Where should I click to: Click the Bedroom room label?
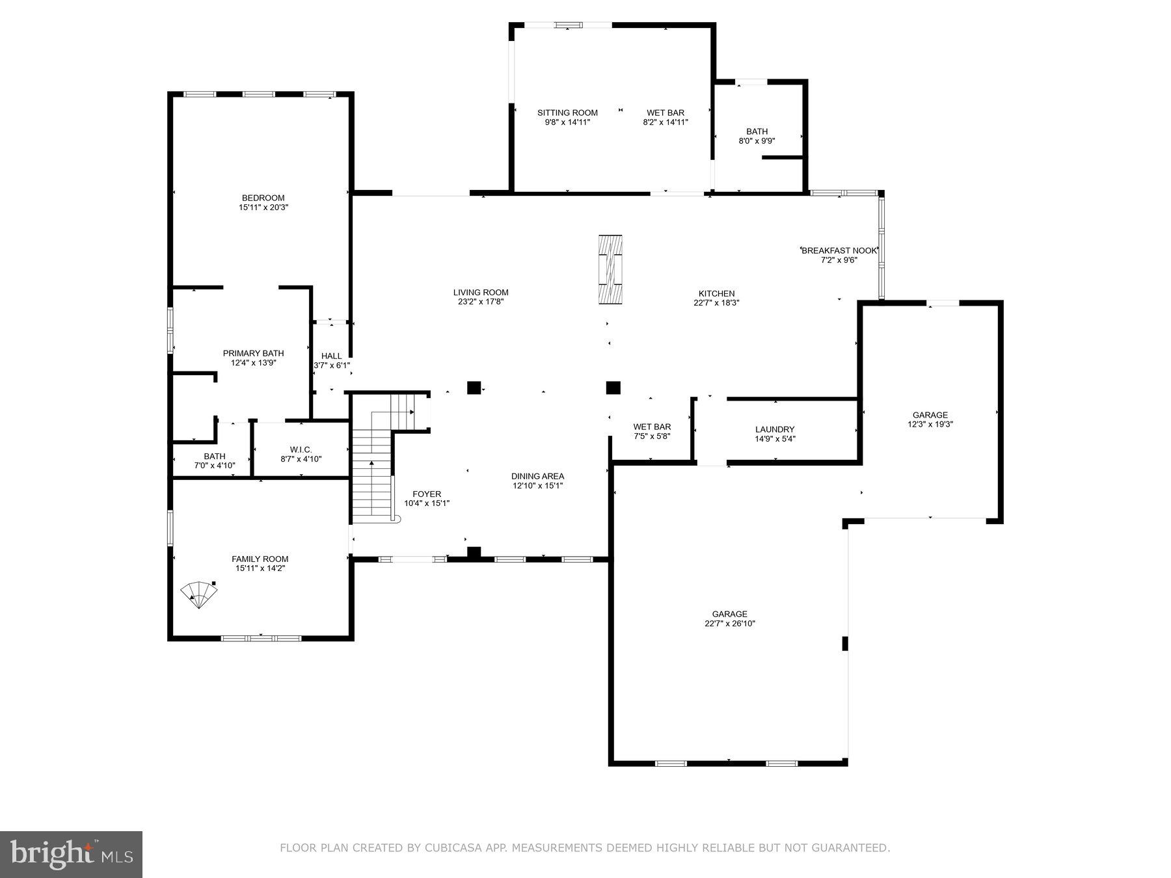263,198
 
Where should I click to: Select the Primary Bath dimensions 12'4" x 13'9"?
254,363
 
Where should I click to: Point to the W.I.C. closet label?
301,449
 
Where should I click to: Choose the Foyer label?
427,494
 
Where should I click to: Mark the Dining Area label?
537,476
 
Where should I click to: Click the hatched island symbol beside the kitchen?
610,269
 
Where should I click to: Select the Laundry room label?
775,429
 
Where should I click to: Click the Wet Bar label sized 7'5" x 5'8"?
652,427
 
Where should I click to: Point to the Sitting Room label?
567,113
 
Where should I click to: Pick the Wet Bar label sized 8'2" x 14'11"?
665,113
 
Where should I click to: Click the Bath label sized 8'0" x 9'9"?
757,131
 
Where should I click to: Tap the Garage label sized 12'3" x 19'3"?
930,415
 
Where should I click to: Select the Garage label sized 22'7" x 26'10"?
729,614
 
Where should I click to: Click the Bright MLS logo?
71,854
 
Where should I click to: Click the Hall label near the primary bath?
331,356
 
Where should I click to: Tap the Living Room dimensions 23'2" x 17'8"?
481,302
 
